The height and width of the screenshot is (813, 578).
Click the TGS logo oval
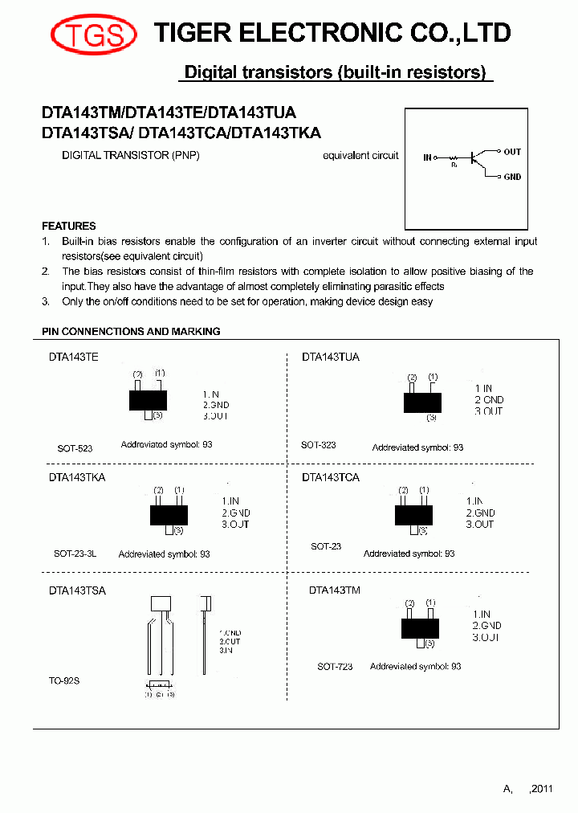click(88, 35)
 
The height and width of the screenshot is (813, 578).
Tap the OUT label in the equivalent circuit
click(512, 151)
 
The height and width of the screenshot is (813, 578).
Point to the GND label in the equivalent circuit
click(512, 177)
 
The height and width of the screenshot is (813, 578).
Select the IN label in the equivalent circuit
click(427, 157)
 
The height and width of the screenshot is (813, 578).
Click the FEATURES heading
click(68, 226)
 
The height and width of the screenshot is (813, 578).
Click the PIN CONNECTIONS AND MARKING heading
click(131, 331)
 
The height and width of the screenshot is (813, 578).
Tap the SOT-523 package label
click(75, 448)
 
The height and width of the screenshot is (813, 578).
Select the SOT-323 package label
click(319, 445)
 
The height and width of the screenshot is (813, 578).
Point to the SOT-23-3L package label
click(75, 554)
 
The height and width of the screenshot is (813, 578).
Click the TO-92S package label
click(64, 680)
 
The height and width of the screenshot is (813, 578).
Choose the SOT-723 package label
click(335, 667)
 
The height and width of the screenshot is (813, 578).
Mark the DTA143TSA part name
click(77, 590)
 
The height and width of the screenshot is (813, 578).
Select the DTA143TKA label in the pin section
click(77, 477)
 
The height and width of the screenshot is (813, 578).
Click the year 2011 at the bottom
click(541, 789)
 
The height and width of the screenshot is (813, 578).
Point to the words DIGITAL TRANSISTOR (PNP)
click(131, 155)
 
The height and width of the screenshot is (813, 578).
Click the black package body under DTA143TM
click(420, 627)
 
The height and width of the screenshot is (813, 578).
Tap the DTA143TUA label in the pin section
click(331, 357)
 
